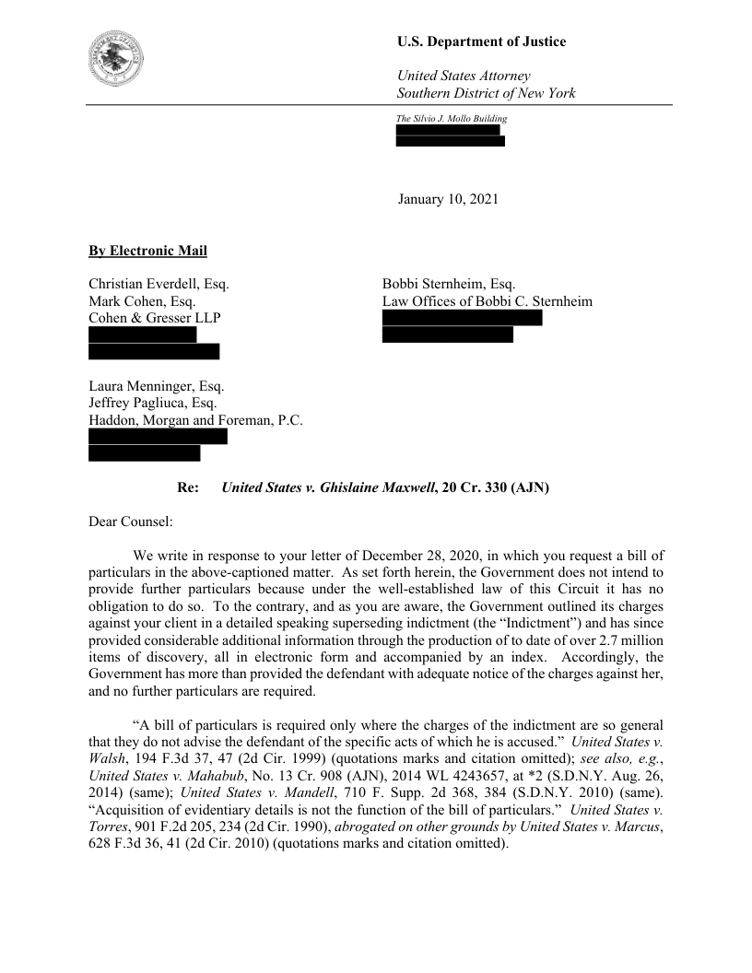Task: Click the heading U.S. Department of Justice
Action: [481, 41]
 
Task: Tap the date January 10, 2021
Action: [448, 198]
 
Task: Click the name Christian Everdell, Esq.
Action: [159, 285]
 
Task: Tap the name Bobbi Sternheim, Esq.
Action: [449, 285]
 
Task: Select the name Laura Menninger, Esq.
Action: [156, 387]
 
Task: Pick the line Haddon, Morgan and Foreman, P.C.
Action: [195, 421]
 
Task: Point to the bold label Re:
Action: [188, 487]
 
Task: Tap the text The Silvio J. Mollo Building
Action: [452, 119]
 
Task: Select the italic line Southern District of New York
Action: [486, 93]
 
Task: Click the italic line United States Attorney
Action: [463, 76]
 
